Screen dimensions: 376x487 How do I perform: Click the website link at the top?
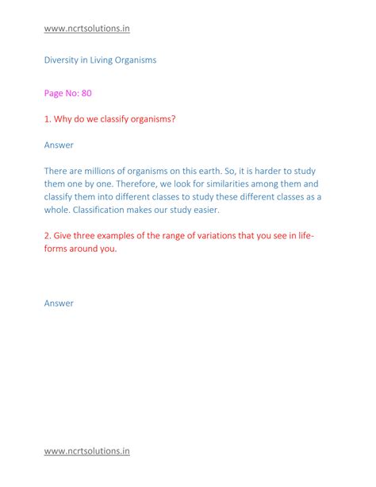click(86, 29)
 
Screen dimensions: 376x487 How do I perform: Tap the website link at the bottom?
click(86, 451)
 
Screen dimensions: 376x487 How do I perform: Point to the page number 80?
click(85, 93)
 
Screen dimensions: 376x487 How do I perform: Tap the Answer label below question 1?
click(59, 145)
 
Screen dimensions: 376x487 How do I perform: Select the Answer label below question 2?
click(59, 303)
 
